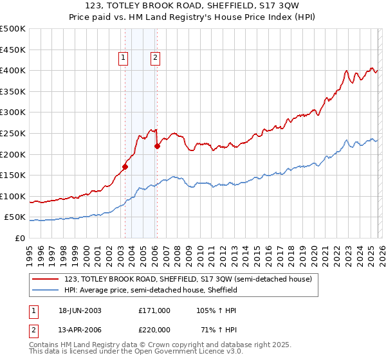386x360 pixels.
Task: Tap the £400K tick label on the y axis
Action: [x=13, y=70]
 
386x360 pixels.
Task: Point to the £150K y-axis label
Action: [x=13, y=175]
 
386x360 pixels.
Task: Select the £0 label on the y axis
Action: [x=19, y=238]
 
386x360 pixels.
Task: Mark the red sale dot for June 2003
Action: [x=125, y=166]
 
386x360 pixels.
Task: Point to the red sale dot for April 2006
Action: [x=157, y=146]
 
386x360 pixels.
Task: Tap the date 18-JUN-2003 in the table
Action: [x=80, y=310]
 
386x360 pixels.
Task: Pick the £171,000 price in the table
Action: [x=154, y=310]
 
